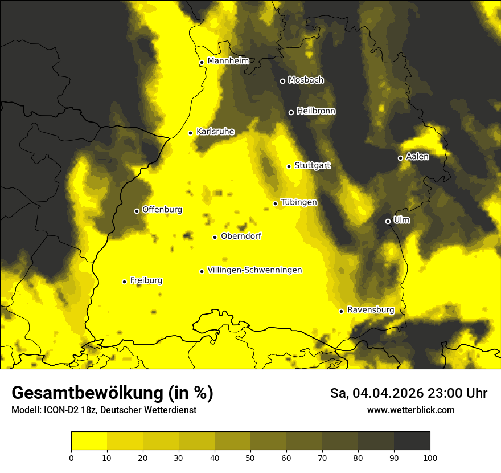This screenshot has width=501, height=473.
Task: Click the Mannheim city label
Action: tap(228, 61)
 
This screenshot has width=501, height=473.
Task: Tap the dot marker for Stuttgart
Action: tap(289, 166)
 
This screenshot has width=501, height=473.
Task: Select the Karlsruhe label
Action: tap(215, 132)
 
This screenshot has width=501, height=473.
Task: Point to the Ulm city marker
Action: tap(388, 221)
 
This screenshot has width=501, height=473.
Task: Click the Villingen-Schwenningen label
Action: tap(254, 270)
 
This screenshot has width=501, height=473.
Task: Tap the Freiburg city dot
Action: tap(124, 282)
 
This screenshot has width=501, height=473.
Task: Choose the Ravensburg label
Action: tap(370, 310)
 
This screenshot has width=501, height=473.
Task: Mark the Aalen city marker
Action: tap(400, 158)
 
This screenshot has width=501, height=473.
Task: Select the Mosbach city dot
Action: tap(282, 81)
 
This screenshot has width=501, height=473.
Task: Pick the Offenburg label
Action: tap(162, 210)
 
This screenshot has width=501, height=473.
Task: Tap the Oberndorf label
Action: tap(241, 236)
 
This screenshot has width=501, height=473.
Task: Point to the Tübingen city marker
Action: tap(276, 203)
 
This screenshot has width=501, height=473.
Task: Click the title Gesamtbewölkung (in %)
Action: tap(112, 393)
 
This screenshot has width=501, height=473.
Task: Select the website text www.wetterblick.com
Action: tap(410, 410)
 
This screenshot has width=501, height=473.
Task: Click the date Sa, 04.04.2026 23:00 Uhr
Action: tap(408, 393)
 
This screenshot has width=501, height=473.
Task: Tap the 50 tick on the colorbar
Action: tap(250, 457)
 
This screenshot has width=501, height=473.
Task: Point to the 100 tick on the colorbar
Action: tap(430, 457)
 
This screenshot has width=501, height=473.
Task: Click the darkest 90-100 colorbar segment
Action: tap(412, 441)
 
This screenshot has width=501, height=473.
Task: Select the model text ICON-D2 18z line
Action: tap(104, 410)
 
